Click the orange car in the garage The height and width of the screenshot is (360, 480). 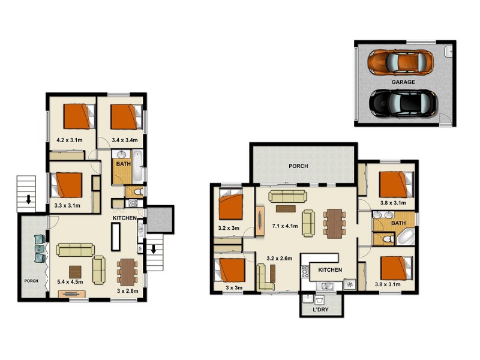coord(398,61)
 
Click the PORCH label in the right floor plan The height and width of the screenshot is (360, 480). coord(298,166)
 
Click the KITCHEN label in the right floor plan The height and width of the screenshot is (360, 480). coord(329,270)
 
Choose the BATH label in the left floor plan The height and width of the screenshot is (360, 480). coord(124,164)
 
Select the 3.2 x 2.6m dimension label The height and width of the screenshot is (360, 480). coord(279,259)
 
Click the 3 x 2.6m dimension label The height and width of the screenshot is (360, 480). coord(127,291)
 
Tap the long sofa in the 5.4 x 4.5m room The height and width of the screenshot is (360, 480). coord(74,250)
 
